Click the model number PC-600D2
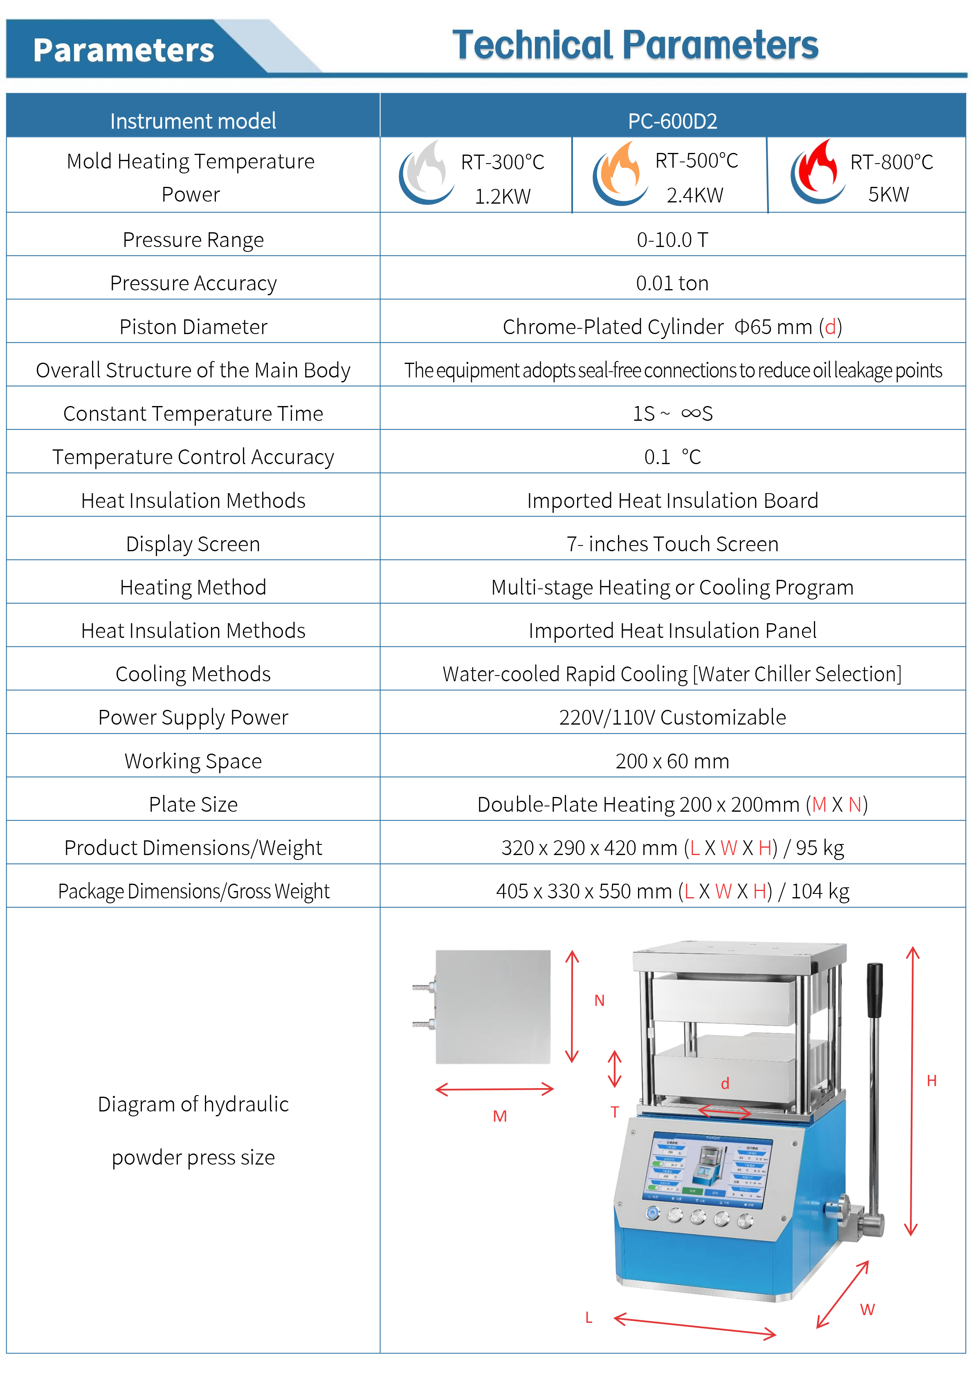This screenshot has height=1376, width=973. pyautogui.click(x=672, y=121)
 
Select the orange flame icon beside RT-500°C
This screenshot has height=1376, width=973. pyautogui.click(x=620, y=173)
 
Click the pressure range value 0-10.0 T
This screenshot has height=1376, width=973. pyautogui.click(x=672, y=240)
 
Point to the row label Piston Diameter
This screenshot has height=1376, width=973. pyautogui.click(x=193, y=327)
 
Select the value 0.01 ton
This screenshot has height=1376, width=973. pyautogui.click(x=672, y=283)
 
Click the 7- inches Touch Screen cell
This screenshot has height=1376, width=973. pyautogui.click(x=672, y=543)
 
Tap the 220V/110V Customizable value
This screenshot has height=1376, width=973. pyautogui.click(x=672, y=717)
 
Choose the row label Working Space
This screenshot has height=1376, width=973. pyautogui.click(x=193, y=761)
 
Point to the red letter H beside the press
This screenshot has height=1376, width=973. pyautogui.click(x=931, y=1080)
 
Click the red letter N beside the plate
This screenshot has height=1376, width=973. pyautogui.click(x=599, y=1000)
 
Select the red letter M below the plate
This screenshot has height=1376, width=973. pyautogui.click(x=499, y=1116)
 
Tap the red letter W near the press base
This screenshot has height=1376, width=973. pyautogui.click(x=867, y=1309)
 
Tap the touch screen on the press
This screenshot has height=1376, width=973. pyautogui.click(x=708, y=1170)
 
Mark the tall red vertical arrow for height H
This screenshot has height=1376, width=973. pyautogui.click(x=912, y=1091)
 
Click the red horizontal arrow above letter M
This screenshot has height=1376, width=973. pyautogui.click(x=494, y=1089)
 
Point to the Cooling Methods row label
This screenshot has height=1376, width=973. pyautogui.click(x=193, y=674)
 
